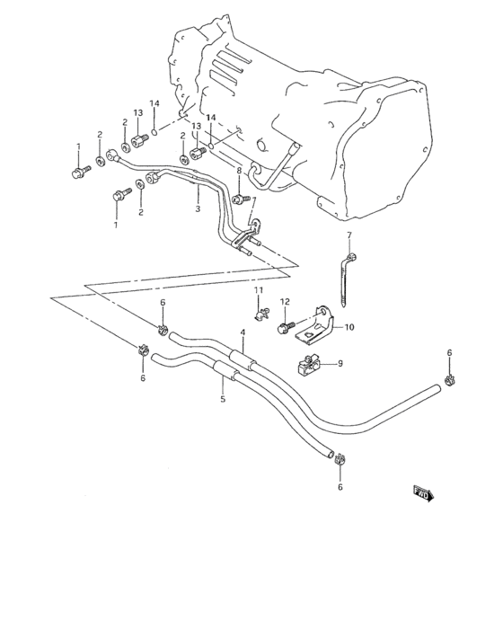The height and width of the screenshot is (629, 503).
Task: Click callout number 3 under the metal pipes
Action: click(198, 209)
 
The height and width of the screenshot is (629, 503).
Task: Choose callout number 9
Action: click(341, 364)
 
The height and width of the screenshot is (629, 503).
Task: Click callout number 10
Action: click(349, 327)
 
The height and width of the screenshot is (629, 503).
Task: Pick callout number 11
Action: click(258, 290)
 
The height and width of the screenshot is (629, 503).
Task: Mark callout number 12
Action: click(285, 301)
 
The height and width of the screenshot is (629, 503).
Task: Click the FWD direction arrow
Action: click(422, 492)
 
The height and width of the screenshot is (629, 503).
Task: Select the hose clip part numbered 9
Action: click(311, 365)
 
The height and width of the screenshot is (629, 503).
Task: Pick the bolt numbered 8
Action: click(239, 198)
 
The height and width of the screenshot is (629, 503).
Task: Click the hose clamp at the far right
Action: click(451, 378)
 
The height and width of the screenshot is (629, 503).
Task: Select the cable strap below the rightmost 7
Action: click(345, 279)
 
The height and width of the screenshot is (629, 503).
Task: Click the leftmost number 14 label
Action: click(154, 104)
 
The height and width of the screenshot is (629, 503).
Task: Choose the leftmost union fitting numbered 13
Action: click(139, 139)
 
